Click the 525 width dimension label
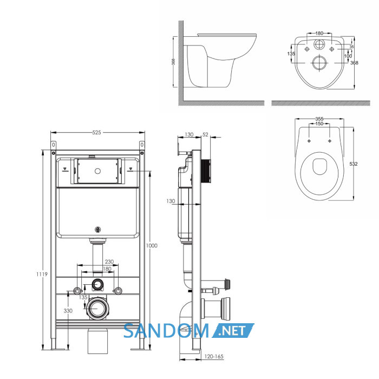coord(96,133)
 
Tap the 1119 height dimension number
coord(42,274)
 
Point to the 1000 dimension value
coord(152,246)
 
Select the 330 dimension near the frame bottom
coord(68,311)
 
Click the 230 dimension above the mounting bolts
coord(109,262)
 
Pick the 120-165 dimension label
coord(214,356)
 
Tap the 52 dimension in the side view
coord(205,135)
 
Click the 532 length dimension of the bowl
coord(354,164)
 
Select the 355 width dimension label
coord(319,119)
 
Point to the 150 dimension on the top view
coord(319,123)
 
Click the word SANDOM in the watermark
coord(166,331)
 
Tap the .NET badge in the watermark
coord(233,330)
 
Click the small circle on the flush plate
coord(97,171)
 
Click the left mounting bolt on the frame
coord(77,291)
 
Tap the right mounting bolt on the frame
coord(117,291)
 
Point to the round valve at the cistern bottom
coord(97,230)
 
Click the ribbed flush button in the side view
coord(206,171)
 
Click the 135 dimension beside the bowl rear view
coord(291,54)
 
